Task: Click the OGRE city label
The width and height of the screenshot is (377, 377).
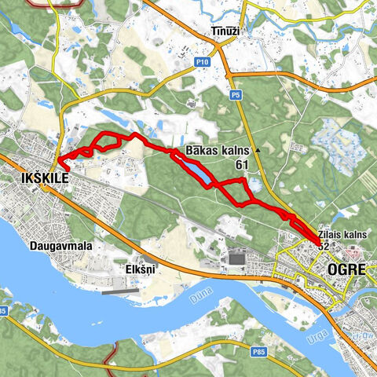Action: click(346, 267)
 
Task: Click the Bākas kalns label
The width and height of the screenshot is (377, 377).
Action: click(218, 150)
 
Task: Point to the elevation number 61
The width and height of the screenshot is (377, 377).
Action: click(243, 166)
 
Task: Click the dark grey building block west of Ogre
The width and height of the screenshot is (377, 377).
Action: click(236, 258)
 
